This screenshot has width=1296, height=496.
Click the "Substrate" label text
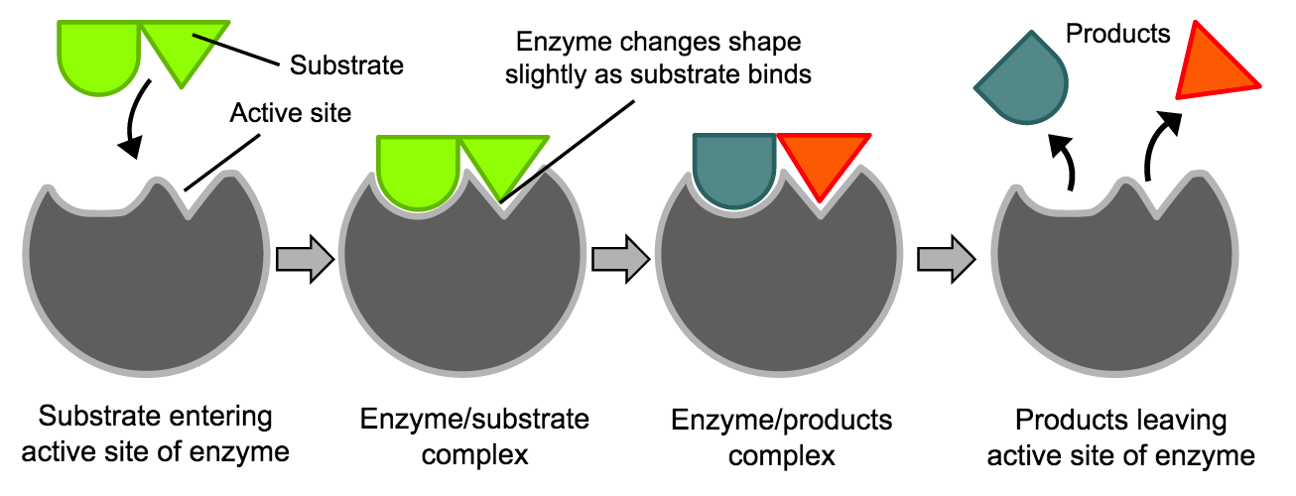point(346,65)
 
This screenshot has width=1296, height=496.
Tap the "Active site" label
point(291,113)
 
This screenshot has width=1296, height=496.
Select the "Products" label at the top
point(1117,34)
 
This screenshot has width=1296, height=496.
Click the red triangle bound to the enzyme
point(824,165)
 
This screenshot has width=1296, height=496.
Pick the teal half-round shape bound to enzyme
point(734,169)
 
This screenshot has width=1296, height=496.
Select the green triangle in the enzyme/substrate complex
point(502,166)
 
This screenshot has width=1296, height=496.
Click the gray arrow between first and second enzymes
point(306,258)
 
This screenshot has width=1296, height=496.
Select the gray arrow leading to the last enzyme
point(947,258)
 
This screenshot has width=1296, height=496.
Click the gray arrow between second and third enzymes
point(621,258)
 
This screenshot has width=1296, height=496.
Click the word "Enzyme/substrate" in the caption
point(474,419)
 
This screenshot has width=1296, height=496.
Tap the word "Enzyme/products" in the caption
point(782,421)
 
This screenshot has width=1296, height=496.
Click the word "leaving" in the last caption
point(1181,421)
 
